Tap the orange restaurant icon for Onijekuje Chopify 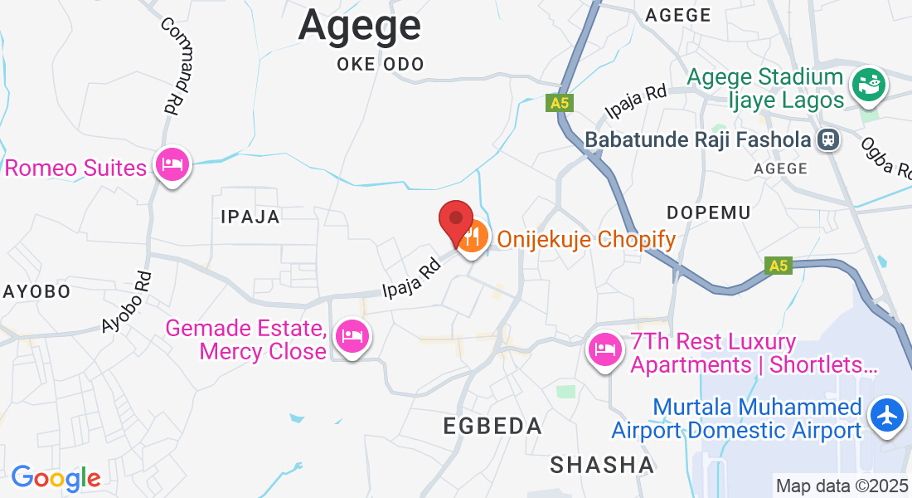pyautogui.click(x=472, y=239)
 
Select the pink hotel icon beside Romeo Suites pyautogui.click(x=172, y=164)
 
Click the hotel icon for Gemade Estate pyautogui.click(x=352, y=337)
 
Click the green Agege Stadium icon pyautogui.click(x=868, y=85)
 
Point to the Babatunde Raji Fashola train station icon pyautogui.click(x=827, y=139)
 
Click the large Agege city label pyautogui.click(x=360, y=25)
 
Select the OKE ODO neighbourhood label pyautogui.click(x=381, y=65)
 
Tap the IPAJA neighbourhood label pyautogui.click(x=250, y=217)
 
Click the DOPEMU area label pyautogui.click(x=709, y=212)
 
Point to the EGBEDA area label pyautogui.click(x=492, y=427)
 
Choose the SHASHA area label pyautogui.click(x=603, y=465)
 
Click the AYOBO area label pyautogui.click(x=37, y=291)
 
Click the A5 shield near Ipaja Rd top pyautogui.click(x=560, y=103)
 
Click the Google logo pyautogui.click(x=56, y=478)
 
